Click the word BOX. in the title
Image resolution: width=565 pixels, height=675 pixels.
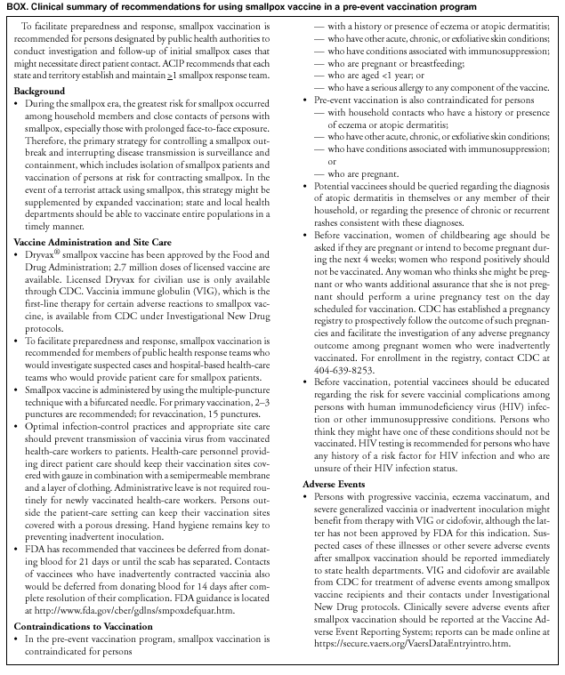click(16, 7)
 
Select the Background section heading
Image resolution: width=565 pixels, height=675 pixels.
click(38, 92)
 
